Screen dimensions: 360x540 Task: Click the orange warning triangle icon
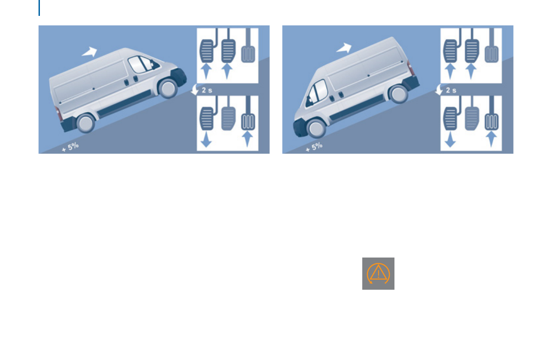coord(378,274)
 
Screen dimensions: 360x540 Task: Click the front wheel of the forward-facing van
coord(168,88)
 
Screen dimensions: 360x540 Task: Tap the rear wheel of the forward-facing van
coord(85,122)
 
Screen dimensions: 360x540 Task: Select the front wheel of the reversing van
coord(316,128)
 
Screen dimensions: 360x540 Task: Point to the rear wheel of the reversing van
coord(398,94)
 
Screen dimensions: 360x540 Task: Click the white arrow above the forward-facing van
coord(90,51)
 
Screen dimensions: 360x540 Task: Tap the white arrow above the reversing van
coord(344,48)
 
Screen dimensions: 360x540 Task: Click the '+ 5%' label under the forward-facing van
coord(70,147)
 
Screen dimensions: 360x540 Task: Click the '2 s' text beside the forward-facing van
coord(207,90)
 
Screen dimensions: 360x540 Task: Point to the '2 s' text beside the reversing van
coord(451,90)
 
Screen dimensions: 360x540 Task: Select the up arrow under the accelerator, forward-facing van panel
coord(248,137)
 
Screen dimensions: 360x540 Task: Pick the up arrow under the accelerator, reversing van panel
coord(491,137)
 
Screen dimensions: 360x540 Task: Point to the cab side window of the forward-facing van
coord(138,64)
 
